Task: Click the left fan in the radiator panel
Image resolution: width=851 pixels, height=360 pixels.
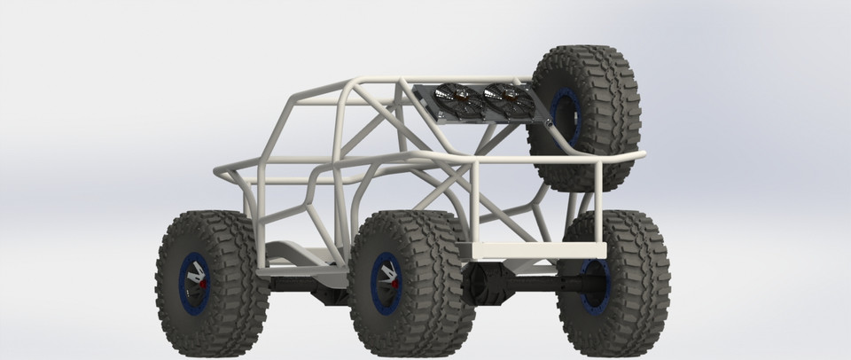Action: tap(449, 99)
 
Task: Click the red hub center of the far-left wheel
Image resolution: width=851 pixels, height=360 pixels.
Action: tap(201, 285)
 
